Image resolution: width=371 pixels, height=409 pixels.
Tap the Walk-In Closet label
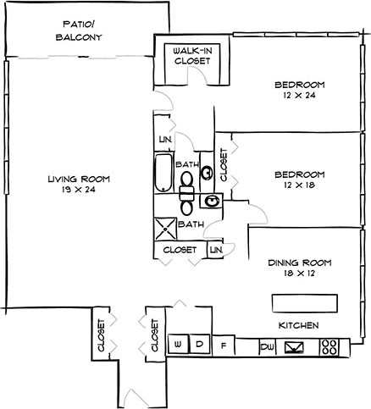[191, 56]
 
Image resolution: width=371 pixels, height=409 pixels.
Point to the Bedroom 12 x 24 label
[299, 90]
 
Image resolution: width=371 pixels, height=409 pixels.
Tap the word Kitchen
[299, 325]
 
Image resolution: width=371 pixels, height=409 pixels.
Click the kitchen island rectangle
[304, 302]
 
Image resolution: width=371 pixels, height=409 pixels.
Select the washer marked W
[179, 345]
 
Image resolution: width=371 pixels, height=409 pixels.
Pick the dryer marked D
[200, 345]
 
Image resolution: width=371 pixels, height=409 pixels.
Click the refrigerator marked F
[224, 345]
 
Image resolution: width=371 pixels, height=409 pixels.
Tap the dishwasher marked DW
[266, 346]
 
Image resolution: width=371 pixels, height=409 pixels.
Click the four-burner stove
[329, 346]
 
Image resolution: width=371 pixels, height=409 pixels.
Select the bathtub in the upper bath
[163, 174]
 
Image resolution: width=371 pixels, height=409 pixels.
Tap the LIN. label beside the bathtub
[164, 140]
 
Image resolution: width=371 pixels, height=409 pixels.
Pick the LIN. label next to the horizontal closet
[216, 251]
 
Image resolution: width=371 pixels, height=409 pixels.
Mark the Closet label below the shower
[180, 251]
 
